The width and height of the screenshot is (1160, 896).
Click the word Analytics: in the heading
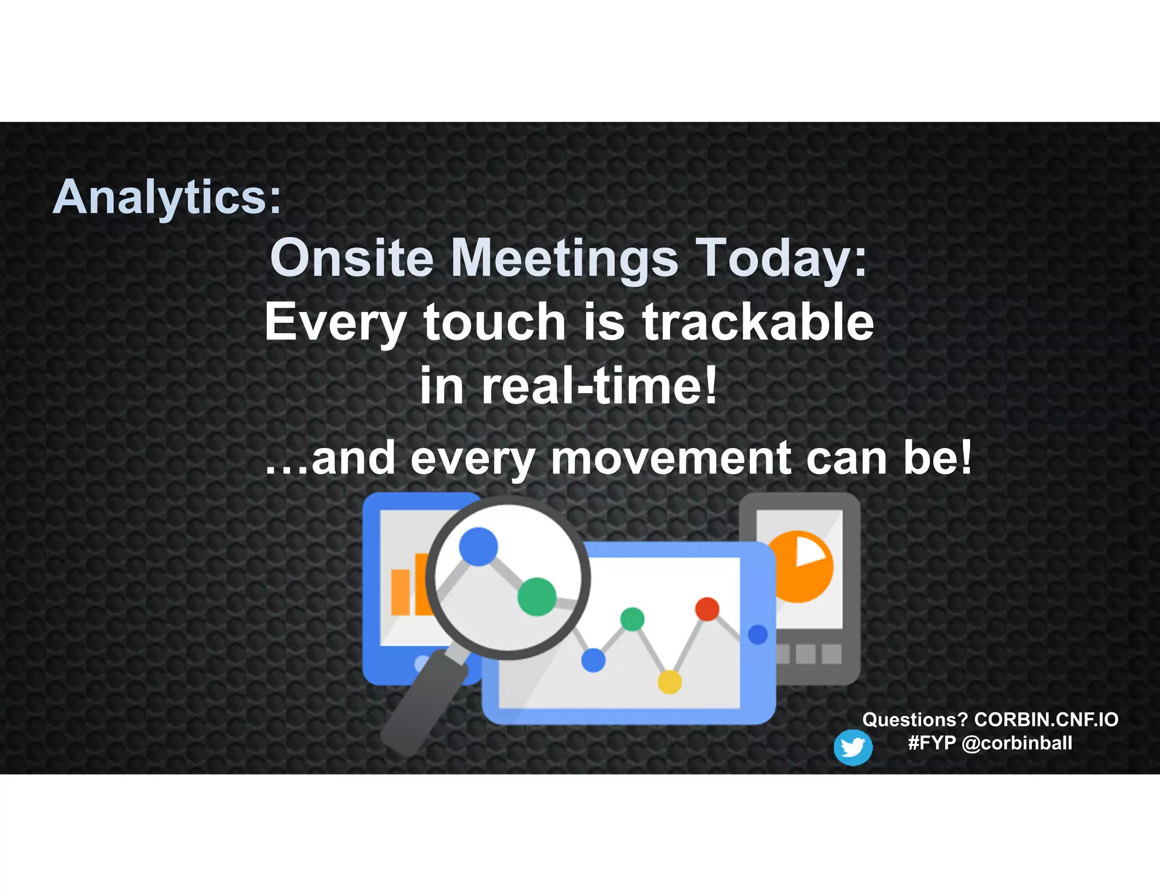click(x=167, y=197)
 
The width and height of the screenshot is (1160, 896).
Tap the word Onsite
click(x=352, y=258)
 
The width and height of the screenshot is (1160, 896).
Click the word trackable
click(x=758, y=322)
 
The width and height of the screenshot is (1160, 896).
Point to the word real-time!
click(x=599, y=386)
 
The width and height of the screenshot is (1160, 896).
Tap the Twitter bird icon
click(x=852, y=748)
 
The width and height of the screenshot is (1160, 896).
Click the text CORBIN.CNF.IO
click(x=1046, y=719)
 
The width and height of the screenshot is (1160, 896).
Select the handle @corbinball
click(x=1017, y=743)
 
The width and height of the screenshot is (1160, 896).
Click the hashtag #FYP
click(x=931, y=743)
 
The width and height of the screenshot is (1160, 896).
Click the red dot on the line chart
click(x=707, y=609)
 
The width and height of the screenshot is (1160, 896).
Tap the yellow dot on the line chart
click(x=669, y=682)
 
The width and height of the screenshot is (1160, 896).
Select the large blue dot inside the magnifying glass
click(x=478, y=547)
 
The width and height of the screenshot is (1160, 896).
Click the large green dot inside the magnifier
click(x=536, y=596)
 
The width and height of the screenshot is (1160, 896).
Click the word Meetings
click(x=564, y=258)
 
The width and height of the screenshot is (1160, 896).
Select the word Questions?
click(x=914, y=719)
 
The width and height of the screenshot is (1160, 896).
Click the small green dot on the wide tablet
click(x=632, y=618)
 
